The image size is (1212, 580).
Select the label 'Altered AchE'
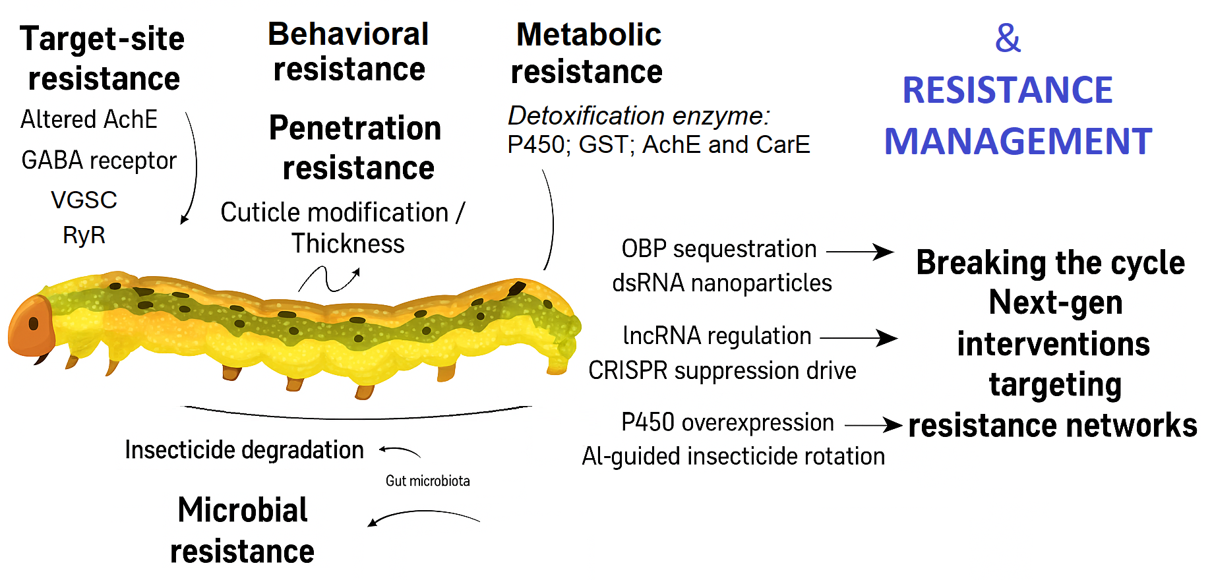click(x=89, y=120)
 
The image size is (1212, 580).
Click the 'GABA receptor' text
click(x=99, y=160)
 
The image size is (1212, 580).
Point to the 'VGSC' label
click(x=84, y=200)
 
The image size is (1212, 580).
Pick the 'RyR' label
click(x=84, y=235)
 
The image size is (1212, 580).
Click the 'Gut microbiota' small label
click(x=427, y=481)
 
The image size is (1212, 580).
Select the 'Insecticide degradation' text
click(x=244, y=450)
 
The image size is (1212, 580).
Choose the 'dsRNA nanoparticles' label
click(x=722, y=283)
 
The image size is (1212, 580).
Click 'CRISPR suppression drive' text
click(x=722, y=371)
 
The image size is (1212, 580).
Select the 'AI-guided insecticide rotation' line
click(x=733, y=457)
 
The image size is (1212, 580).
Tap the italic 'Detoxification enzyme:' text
click(x=638, y=116)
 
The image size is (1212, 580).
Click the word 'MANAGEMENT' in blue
click(x=1017, y=142)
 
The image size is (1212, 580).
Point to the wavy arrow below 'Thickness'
click(x=329, y=279)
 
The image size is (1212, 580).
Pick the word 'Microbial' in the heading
click(x=243, y=510)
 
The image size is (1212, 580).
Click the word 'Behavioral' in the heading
click(x=348, y=34)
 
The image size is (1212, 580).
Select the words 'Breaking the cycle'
click(x=1050, y=263)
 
